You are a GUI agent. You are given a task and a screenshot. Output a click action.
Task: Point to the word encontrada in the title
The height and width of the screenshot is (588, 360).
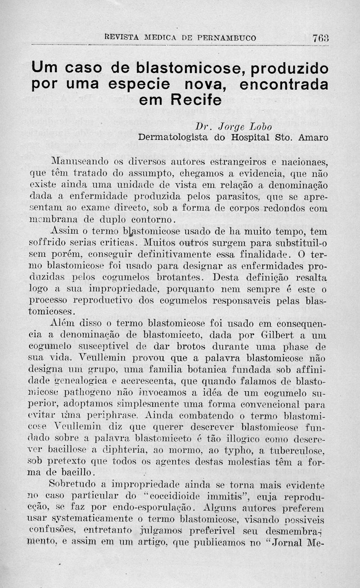[x=283, y=84]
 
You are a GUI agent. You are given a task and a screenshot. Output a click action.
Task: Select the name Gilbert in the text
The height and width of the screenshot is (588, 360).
[x=281, y=335]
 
